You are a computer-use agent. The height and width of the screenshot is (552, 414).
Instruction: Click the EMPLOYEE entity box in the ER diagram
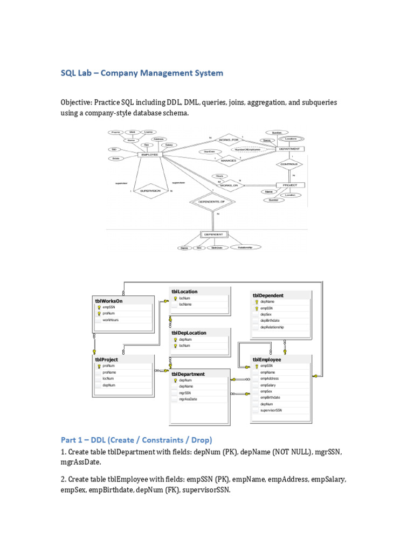[150, 154]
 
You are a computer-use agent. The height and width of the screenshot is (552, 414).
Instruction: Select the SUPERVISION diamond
[151, 191]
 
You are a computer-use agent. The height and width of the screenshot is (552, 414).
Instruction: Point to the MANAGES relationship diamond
[229, 160]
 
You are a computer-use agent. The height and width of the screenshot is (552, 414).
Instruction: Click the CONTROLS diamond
[289, 164]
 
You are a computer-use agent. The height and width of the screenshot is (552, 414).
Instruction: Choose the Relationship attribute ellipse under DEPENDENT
[245, 247]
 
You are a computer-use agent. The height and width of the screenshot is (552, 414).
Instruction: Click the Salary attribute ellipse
[169, 145]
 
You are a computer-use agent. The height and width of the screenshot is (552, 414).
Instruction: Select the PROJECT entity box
[290, 185]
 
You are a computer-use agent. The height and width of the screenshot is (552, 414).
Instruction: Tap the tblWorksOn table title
[109, 301]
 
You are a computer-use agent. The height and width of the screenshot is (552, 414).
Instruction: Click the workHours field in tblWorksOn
[111, 320]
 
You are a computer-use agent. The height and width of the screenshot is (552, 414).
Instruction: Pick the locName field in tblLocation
[185, 305]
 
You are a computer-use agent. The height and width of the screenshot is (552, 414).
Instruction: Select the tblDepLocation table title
[189, 333]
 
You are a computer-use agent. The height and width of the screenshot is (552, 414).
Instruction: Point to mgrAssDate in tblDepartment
[188, 399]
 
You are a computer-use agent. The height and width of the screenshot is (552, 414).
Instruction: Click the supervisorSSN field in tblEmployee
[271, 410]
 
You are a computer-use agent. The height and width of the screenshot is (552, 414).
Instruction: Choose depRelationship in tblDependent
[272, 327]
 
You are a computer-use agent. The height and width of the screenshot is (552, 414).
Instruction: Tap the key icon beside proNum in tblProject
[99, 366]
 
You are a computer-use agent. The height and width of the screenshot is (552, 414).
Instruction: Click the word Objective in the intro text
[75, 102]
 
